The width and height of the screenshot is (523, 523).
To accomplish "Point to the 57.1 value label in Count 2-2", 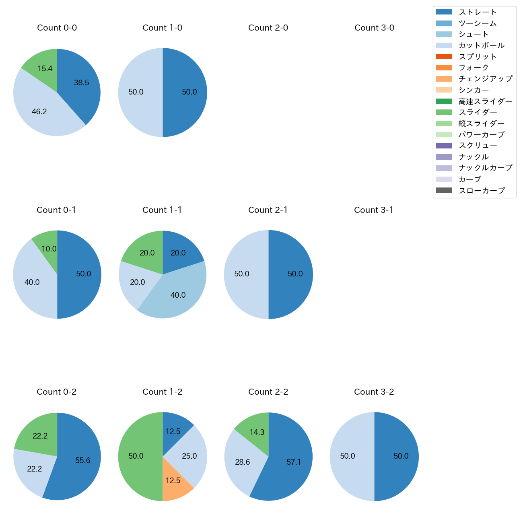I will [x=294, y=462].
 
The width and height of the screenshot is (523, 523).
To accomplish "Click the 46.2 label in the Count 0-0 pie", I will [x=39, y=112].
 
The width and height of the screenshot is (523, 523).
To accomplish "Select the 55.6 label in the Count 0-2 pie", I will [x=83, y=461].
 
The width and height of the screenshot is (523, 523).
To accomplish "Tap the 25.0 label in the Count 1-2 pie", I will [x=189, y=456].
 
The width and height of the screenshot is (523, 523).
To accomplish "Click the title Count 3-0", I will [x=374, y=28].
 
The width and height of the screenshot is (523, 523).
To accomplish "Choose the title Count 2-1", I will [x=268, y=210].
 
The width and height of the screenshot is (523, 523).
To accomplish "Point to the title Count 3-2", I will [x=374, y=392].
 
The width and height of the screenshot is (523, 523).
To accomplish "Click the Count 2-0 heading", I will [x=268, y=28].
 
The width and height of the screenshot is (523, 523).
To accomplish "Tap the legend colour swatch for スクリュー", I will [x=444, y=146].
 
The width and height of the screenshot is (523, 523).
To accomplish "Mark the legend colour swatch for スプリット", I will [x=444, y=57].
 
